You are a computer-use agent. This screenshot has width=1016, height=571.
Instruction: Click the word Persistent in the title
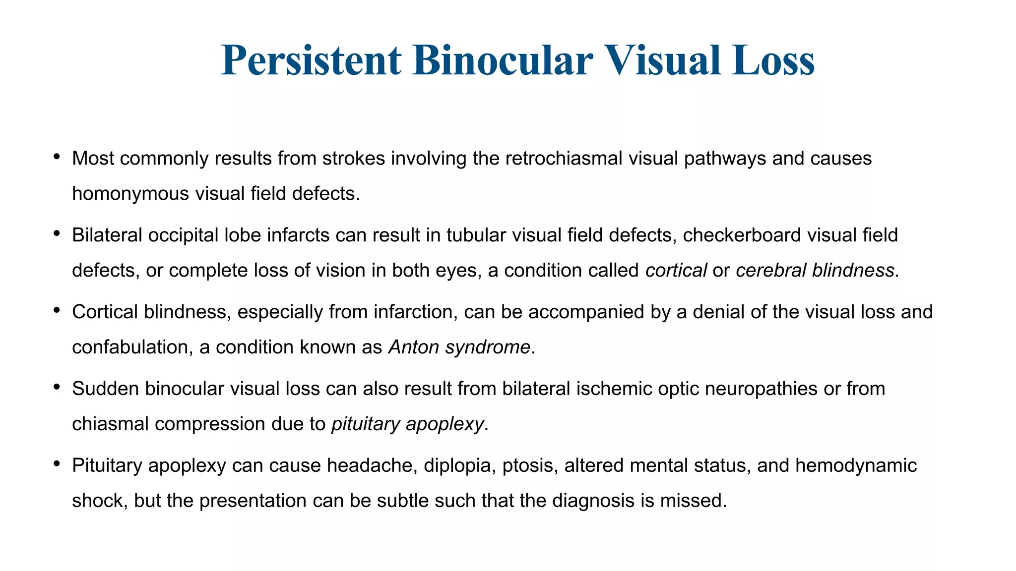311,60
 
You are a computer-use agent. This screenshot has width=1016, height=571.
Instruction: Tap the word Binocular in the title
502,60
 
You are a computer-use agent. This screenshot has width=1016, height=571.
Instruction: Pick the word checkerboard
742,235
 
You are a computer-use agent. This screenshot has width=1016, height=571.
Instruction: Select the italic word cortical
676,271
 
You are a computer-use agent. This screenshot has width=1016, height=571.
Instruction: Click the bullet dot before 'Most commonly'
57,157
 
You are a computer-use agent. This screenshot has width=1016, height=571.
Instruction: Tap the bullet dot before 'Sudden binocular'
57,387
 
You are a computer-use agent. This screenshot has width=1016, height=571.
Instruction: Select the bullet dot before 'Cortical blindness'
57,310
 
